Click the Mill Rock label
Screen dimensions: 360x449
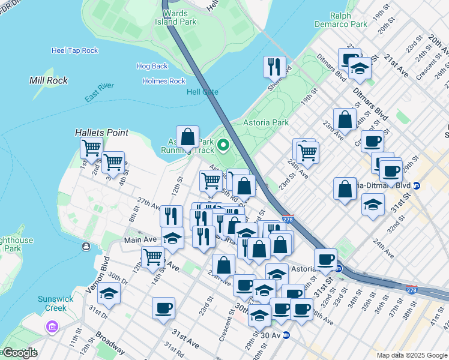tap(49, 80)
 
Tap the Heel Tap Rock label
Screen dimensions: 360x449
tap(74, 50)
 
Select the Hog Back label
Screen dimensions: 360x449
tap(152, 66)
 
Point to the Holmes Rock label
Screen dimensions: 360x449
tap(164, 81)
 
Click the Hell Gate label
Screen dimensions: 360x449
tap(202, 92)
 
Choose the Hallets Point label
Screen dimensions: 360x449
tap(98, 131)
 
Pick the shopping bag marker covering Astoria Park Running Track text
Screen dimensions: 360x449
tap(187, 137)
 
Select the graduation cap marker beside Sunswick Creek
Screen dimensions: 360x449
tap(109, 293)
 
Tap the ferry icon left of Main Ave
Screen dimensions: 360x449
tap(87, 246)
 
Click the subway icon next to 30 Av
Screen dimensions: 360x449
tap(286, 335)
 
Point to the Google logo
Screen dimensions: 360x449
tap(20, 353)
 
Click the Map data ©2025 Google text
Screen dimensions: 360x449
tap(412, 355)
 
